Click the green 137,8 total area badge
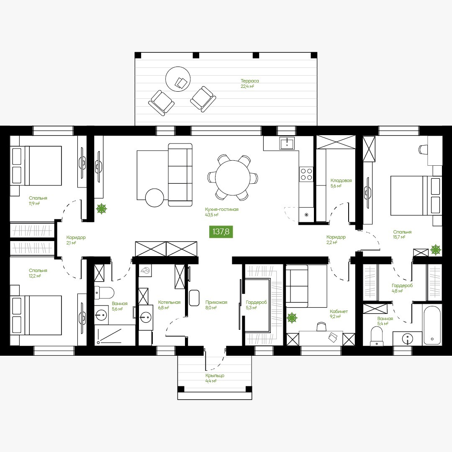[x=221, y=231]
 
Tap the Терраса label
[x=249, y=81]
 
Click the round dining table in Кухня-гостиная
[x=233, y=177]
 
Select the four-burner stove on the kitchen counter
[x=306, y=174]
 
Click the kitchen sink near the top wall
[x=287, y=143]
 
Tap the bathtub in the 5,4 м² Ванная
[x=432, y=324]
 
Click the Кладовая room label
[x=341, y=181]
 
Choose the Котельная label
[x=169, y=303]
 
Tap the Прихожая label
[x=216, y=303]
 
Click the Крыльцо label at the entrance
[x=215, y=375]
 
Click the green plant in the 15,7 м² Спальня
[x=436, y=249]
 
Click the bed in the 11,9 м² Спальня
[x=36, y=165]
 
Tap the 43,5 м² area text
[x=212, y=215]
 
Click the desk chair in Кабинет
[x=321, y=326]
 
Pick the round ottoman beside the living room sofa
[x=154, y=198]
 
